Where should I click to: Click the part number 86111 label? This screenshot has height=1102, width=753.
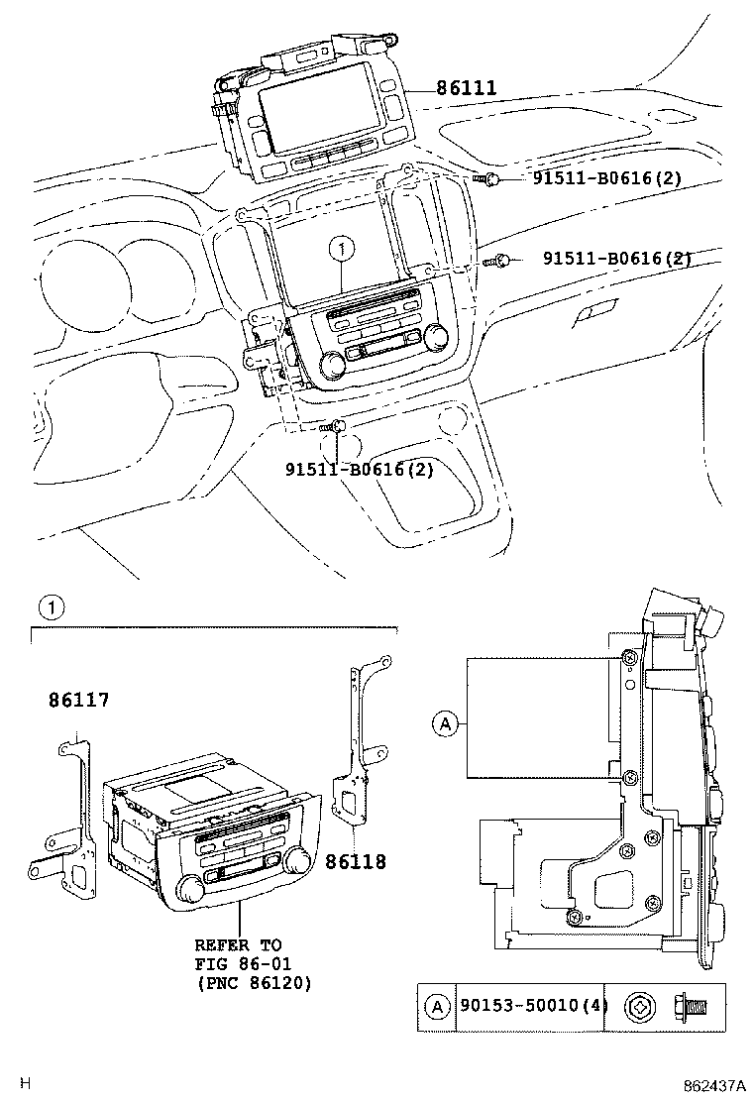[464, 89]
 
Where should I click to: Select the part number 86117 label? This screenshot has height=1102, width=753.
[79, 701]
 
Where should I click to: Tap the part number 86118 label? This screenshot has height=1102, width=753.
[356, 862]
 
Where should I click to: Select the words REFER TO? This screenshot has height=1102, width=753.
[237, 945]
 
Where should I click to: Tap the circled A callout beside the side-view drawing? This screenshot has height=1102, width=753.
[445, 725]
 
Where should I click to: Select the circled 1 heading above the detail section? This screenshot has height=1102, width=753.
[51, 606]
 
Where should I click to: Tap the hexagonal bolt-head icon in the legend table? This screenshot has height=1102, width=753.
[636, 1009]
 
